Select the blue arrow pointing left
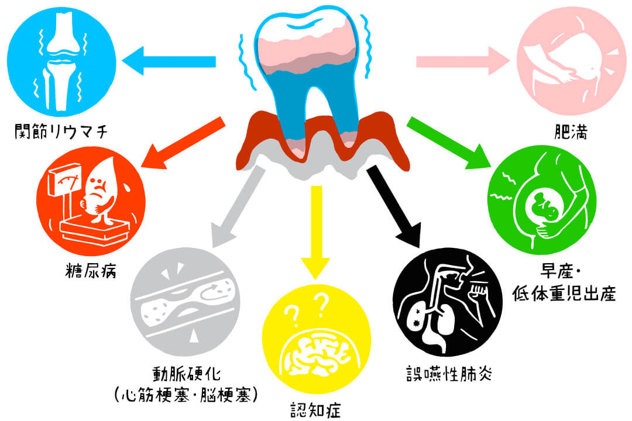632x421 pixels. click(169, 61)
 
